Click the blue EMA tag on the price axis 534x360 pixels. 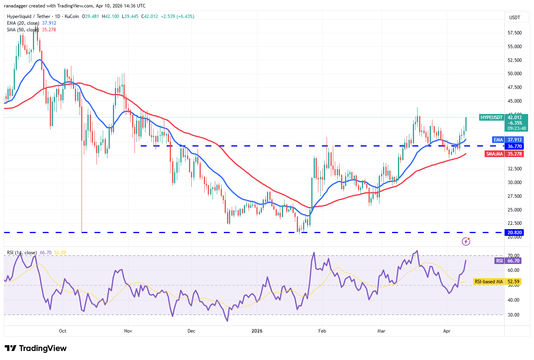coord(498,140)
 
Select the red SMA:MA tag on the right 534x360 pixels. coord(494,154)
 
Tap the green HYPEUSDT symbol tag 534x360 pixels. coord(491,118)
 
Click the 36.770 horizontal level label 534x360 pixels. coord(514,147)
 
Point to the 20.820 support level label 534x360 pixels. coord(514,233)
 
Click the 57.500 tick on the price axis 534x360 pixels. coord(514,33)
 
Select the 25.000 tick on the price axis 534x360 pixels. coord(514,210)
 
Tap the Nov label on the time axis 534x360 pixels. coord(128,331)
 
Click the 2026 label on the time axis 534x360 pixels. coord(257,331)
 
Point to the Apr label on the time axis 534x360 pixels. coord(447,331)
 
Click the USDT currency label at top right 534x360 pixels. coord(514,18)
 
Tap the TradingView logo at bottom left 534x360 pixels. coord(36,348)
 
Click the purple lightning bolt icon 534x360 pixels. coord(466,241)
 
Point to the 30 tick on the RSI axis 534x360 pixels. coord(514,315)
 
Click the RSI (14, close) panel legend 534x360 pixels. coord(22,253)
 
